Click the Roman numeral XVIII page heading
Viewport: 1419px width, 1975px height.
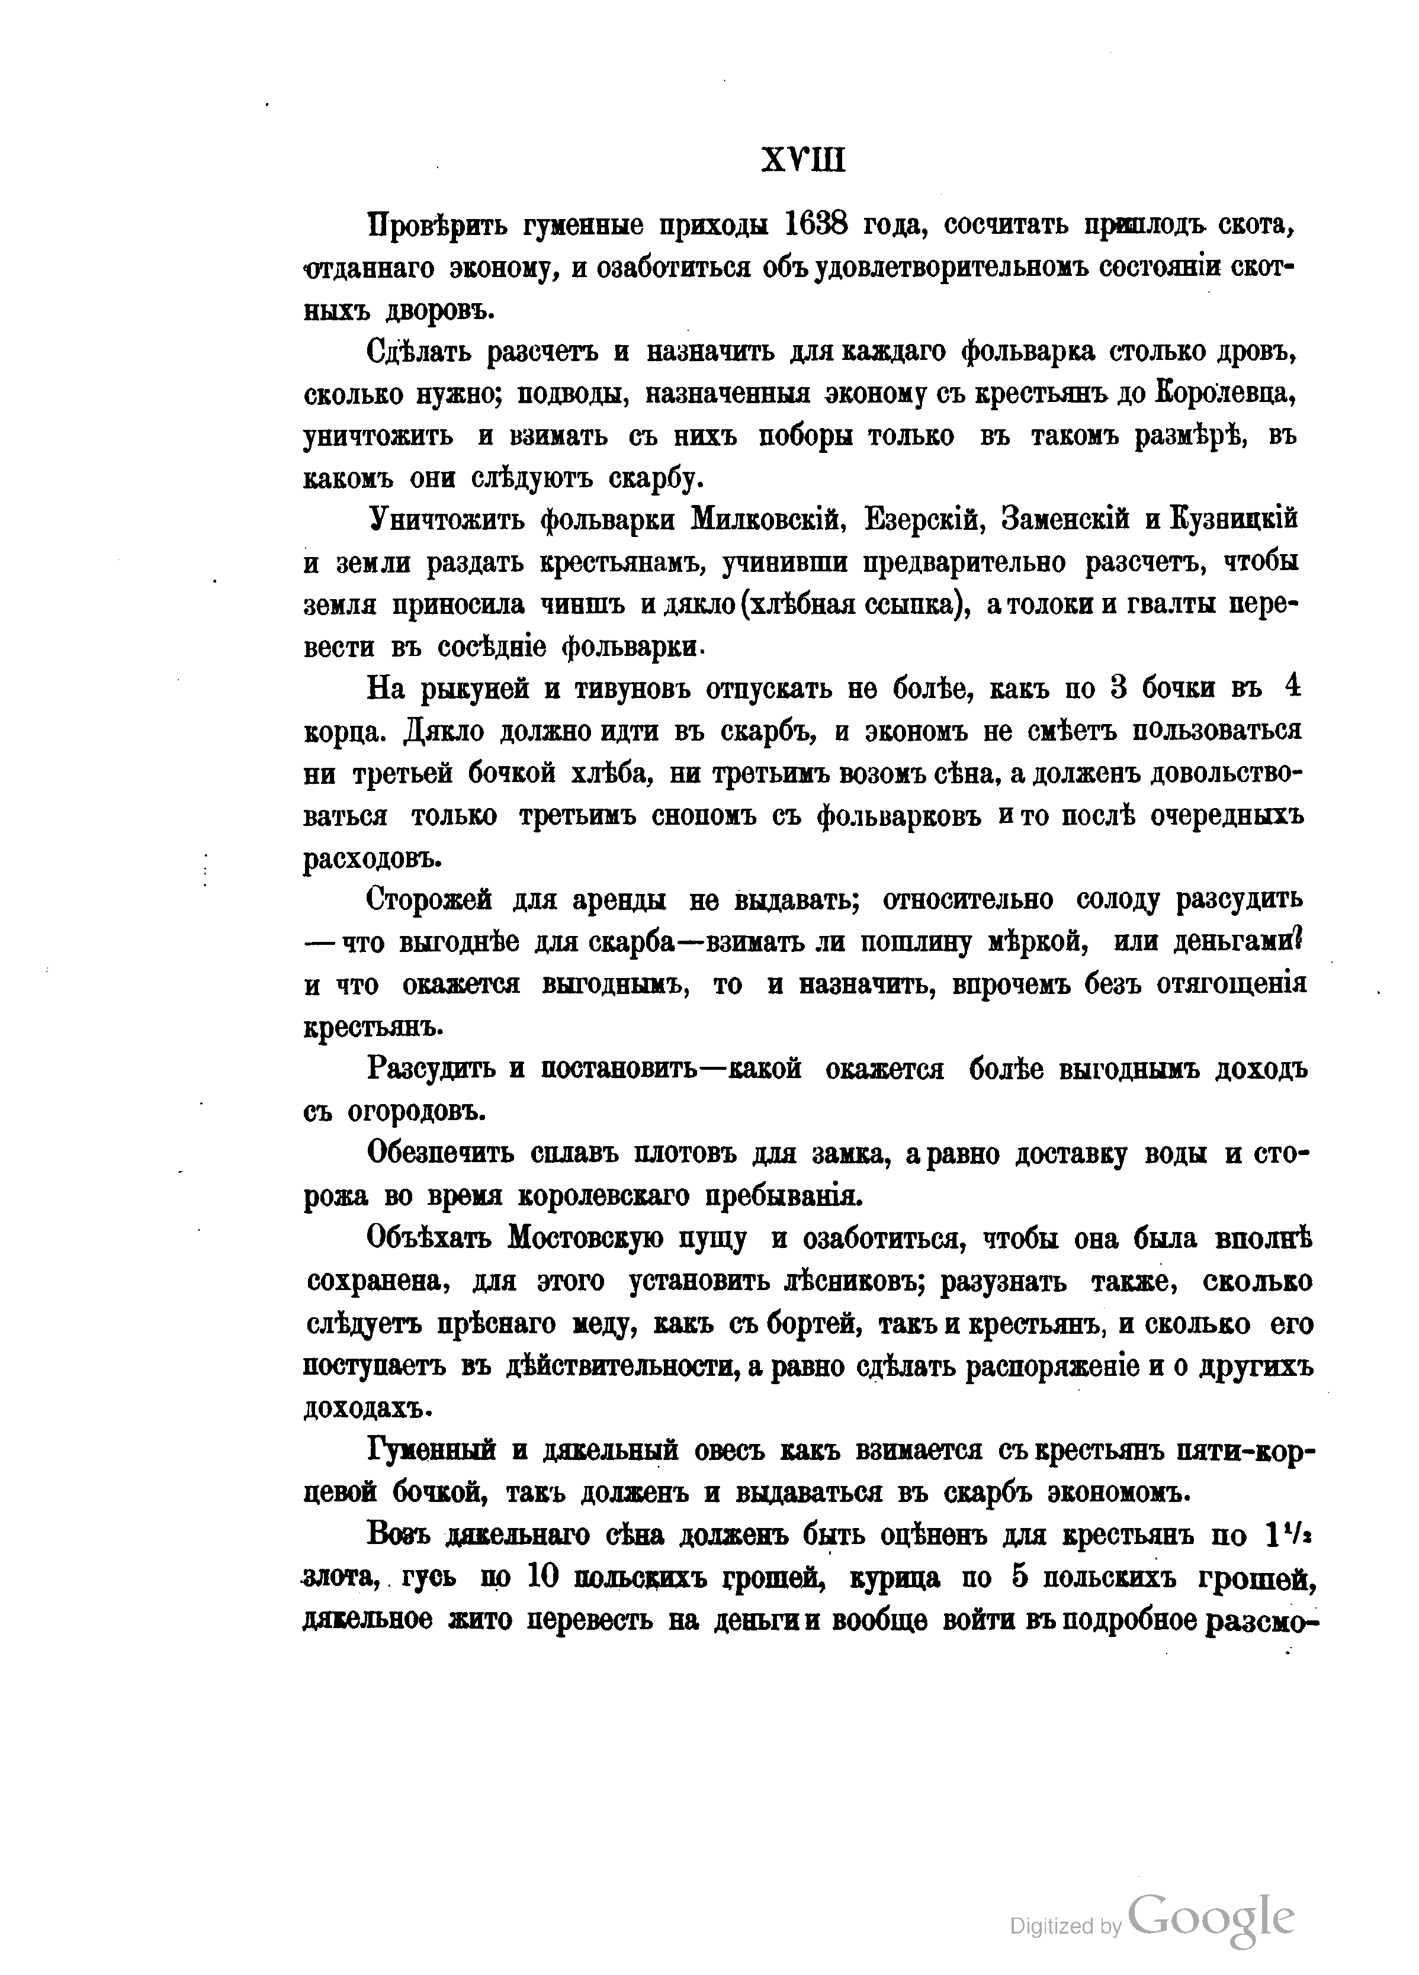tap(802, 161)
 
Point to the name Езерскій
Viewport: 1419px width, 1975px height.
tap(925, 520)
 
